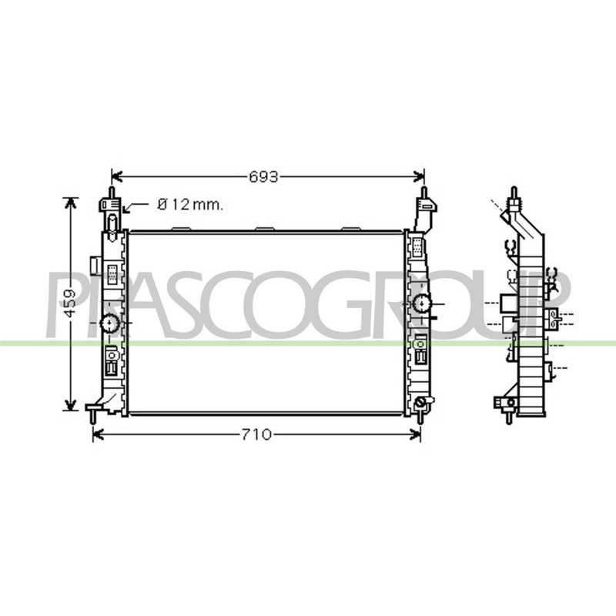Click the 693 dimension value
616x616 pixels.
pos(263,177)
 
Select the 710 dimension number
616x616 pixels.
pos(256,435)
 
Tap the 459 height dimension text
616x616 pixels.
pos(70,303)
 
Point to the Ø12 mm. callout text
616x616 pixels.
pos(190,204)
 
